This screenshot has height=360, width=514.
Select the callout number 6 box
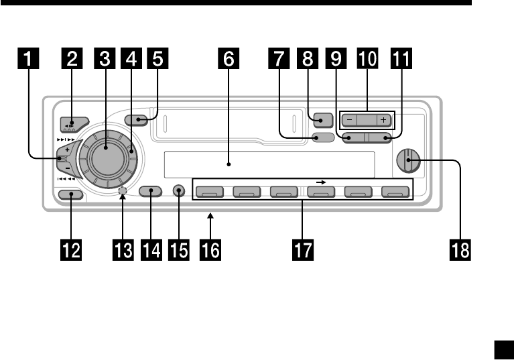(x=229, y=58)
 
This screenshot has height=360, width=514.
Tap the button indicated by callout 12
(x=70, y=195)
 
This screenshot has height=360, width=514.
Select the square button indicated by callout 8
(x=321, y=121)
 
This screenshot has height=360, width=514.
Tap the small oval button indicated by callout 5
(x=137, y=121)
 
